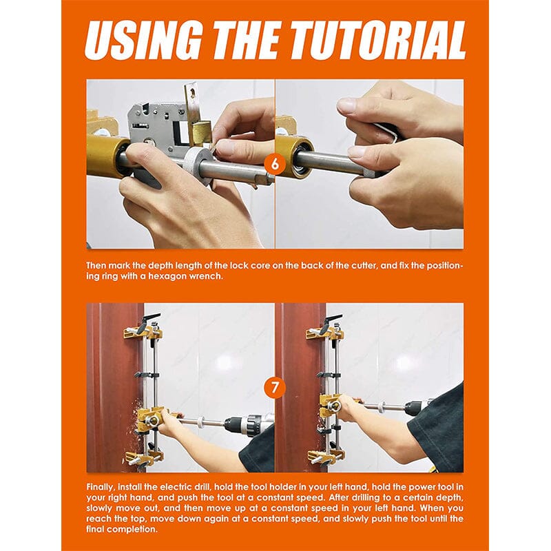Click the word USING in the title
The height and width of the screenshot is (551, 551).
[144, 40]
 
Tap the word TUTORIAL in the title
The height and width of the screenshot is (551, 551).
[379, 40]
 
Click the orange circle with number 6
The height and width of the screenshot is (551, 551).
[275, 164]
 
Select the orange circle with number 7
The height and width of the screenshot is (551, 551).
[275, 387]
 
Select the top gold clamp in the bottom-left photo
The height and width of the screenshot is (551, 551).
[143, 332]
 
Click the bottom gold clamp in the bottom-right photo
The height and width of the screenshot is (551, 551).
[325, 456]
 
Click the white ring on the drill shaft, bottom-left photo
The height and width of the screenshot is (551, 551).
[202, 422]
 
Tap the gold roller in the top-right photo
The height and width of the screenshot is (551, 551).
[295, 158]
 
